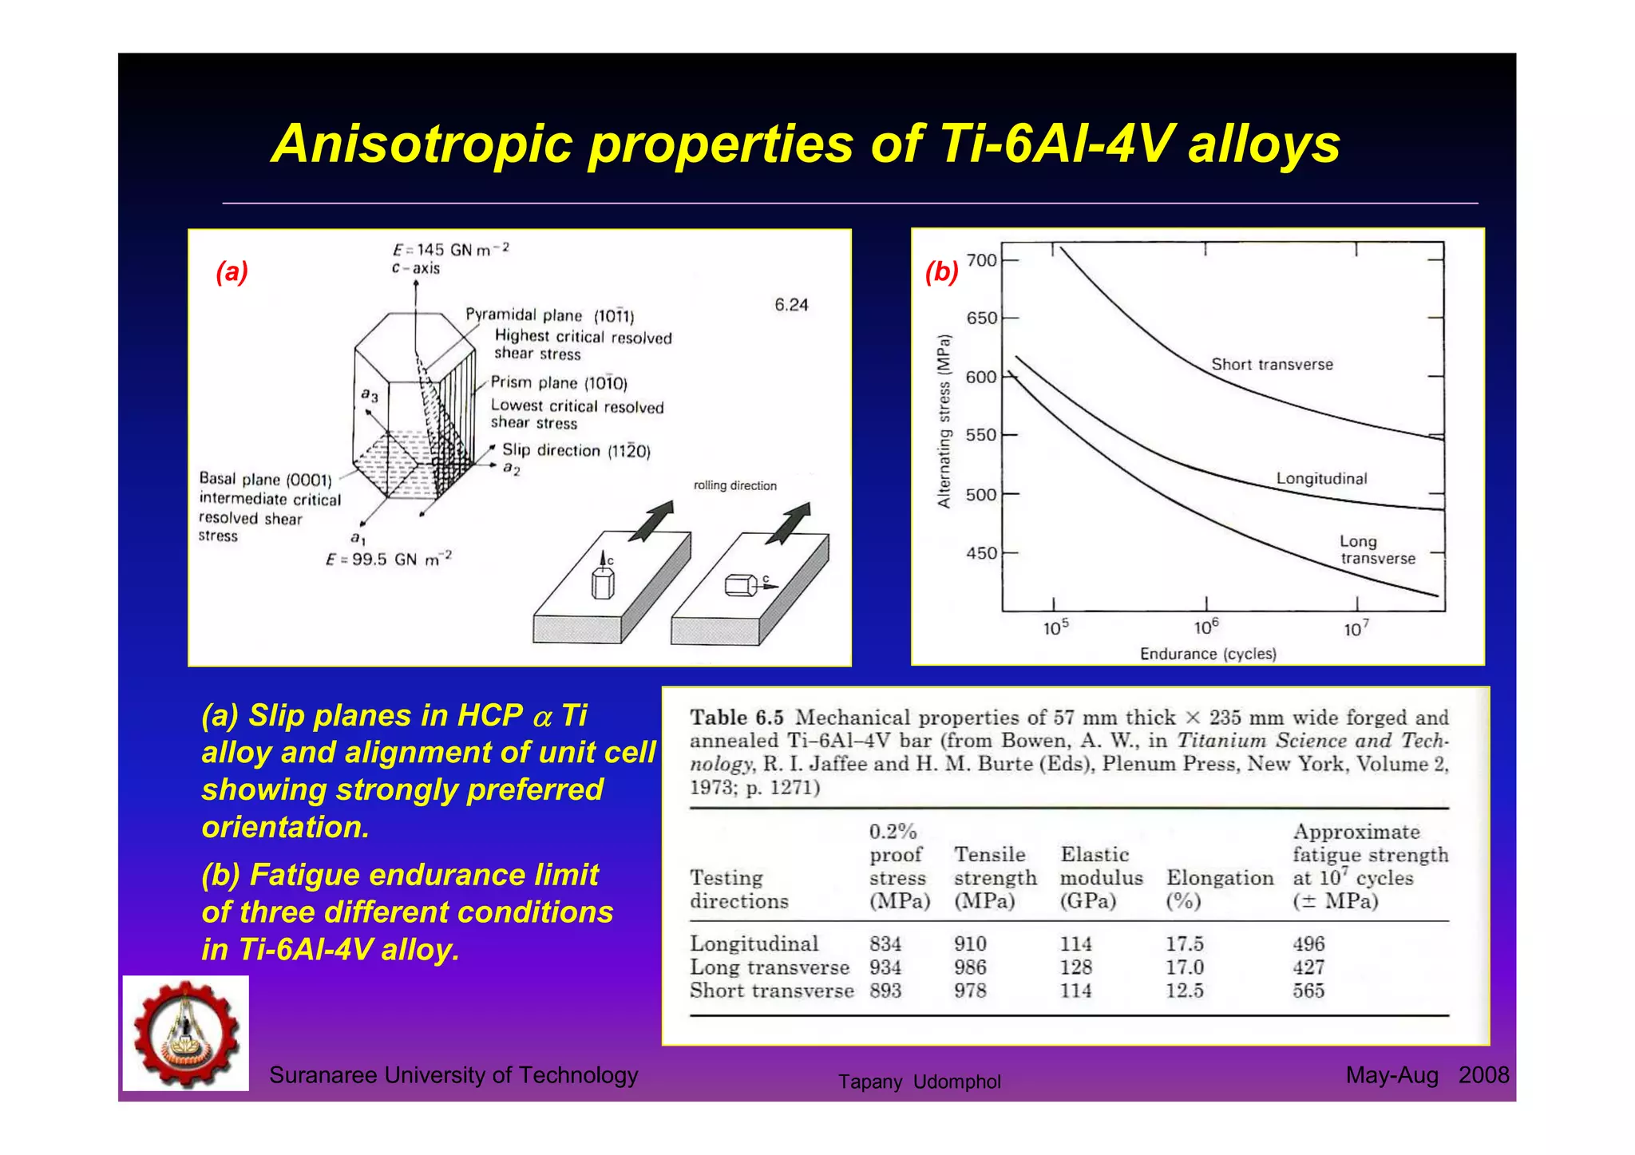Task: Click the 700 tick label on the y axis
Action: (x=981, y=260)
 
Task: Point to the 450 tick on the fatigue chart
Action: (x=981, y=553)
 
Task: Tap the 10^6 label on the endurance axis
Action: (x=1205, y=627)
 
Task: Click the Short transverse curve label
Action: (x=1272, y=365)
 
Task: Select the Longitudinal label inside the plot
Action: (x=1321, y=479)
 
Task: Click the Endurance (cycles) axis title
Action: (x=1208, y=655)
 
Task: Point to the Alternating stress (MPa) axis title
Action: (x=944, y=421)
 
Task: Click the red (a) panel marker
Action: (x=232, y=272)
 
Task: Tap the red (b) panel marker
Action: (x=941, y=272)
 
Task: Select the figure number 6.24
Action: (x=791, y=305)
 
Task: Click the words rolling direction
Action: (x=734, y=485)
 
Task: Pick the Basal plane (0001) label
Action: (x=265, y=479)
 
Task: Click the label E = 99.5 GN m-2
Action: (x=389, y=559)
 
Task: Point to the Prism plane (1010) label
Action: (x=559, y=383)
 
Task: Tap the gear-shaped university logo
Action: (x=186, y=1033)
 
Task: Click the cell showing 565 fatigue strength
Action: (x=1308, y=991)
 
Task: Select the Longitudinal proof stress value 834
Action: (x=885, y=944)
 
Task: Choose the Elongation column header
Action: (x=1220, y=878)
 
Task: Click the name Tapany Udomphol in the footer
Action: (x=919, y=1082)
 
